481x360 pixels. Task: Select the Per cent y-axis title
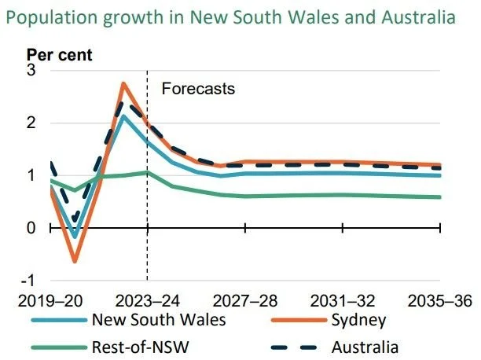60,55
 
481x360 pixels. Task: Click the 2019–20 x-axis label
50,301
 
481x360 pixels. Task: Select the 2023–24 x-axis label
147,301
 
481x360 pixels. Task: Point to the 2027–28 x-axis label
244,301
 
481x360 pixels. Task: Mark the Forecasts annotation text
198,89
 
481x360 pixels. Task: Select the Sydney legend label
358,320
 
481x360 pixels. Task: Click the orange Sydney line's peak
123,84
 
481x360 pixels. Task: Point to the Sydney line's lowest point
75,261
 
